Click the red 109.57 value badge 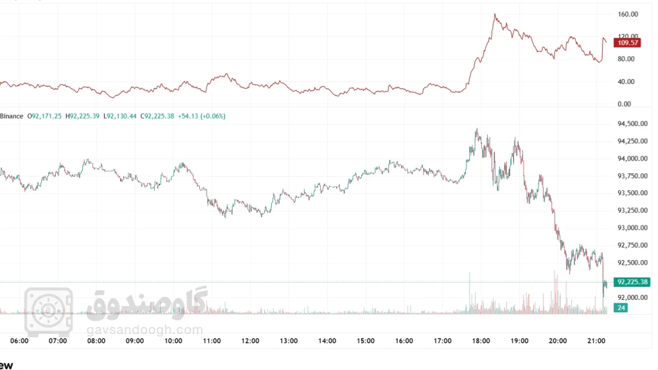[x=627, y=43]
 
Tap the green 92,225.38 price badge [x=632, y=282]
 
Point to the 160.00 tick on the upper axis [x=627, y=14]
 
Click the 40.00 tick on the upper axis [x=627, y=82]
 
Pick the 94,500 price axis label [x=631, y=124]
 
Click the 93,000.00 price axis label [x=631, y=228]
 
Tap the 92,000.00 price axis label [x=631, y=297]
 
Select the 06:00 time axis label [x=20, y=341]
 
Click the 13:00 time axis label [x=289, y=341]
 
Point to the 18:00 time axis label [x=481, y=341]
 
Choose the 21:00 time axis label [x=596, y=341]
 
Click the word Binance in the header [x=11, y=116]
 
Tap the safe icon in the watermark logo [x=48, y=307]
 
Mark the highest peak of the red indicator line [x=494, y=14]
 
